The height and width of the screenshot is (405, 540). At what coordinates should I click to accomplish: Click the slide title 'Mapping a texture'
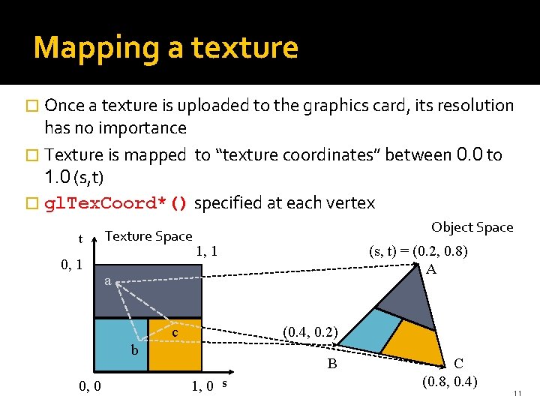(x=166, y=47)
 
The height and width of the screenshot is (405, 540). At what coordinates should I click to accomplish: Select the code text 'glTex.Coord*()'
(x=116, y=203)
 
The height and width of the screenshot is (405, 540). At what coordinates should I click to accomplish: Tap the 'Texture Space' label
(x=148, y=236)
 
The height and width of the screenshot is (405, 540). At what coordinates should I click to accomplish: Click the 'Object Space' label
(x=472, y=227)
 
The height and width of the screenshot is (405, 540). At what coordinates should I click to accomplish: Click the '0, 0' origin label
(x=90, y=386)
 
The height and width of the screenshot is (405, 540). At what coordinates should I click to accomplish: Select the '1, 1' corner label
(x=206, y=251)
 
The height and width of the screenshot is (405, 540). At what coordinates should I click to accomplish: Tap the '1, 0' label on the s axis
(x=203, y=386)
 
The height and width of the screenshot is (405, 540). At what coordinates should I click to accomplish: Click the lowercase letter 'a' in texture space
(x=108, y=281)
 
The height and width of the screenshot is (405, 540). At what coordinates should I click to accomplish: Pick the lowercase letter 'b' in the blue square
(x=134, y=349)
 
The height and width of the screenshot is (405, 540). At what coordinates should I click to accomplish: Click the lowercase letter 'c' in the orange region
(x=174, y=331)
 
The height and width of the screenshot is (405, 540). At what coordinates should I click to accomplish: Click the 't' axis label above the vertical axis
(x=80, y=239)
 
